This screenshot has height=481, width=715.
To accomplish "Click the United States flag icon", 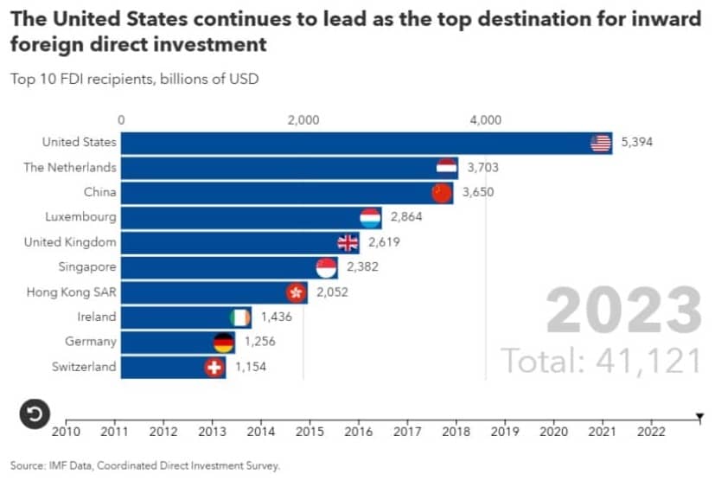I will pos(601,143).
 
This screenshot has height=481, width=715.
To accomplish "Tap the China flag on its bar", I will pos(442,193).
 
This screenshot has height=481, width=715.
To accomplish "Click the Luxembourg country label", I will pos(80,217).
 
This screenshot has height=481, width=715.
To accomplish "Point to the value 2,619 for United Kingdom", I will pos(383,242).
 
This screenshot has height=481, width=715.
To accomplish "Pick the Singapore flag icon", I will pos(326,267).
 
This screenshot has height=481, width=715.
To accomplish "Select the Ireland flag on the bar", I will pos(240,317).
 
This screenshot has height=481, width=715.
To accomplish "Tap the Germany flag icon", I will pos(224,342).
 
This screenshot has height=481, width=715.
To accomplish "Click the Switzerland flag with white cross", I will pos(213,367).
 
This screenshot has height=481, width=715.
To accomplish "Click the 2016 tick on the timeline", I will pos(359,430).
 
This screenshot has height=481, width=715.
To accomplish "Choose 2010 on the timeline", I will pos(67,430).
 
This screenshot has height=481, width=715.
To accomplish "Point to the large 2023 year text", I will pos(623,311).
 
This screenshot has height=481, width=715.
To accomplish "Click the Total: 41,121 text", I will pos(601,360).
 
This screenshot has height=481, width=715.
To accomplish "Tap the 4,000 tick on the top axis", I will pos(485,120).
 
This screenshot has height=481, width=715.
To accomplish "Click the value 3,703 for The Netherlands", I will pos(483,168).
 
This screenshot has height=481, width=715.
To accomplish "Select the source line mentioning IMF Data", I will pos(145,465).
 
